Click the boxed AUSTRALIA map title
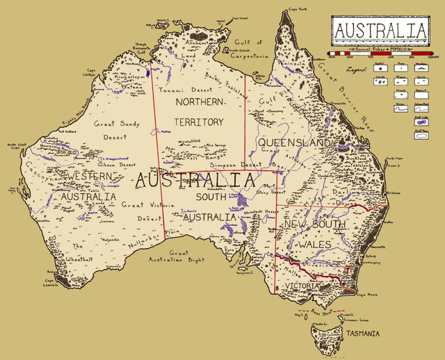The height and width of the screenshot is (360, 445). [380, 31]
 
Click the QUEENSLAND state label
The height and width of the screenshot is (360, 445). [293, 142]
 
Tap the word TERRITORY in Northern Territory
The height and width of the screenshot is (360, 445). [199, 122]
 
